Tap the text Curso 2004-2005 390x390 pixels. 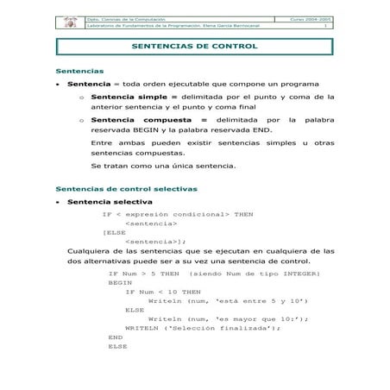[311, 17]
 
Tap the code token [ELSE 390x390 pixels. [114, 232]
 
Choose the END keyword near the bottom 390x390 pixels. [115, 337]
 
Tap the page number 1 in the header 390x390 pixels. [325, 26]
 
